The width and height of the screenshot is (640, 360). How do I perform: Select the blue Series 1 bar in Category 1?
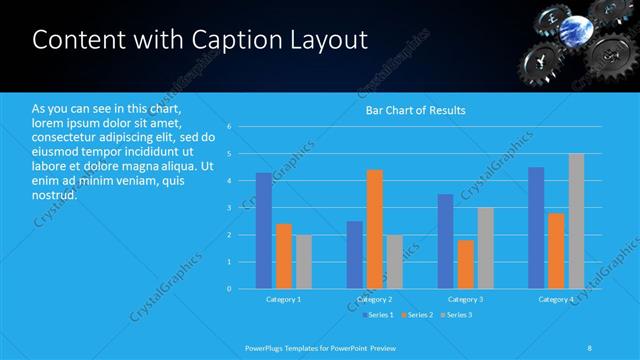[263, 230]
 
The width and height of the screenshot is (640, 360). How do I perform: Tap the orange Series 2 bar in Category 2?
[375, 229]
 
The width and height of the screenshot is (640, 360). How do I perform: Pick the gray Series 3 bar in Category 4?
[576, 221]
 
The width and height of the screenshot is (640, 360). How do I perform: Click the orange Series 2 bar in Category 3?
[466, 264]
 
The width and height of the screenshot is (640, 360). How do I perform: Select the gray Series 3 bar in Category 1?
[304, 261]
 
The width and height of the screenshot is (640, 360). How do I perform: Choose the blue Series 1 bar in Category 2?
[355, 255]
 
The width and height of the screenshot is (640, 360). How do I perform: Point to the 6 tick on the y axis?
[229, 127]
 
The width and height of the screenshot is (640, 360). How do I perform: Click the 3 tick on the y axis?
[229, 208]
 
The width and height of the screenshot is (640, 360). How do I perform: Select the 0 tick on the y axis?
[229, 289]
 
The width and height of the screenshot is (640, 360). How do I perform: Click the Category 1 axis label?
[284, 299]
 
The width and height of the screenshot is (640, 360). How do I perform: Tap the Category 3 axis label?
[466, 299]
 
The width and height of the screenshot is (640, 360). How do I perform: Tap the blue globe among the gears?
[579, 27]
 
